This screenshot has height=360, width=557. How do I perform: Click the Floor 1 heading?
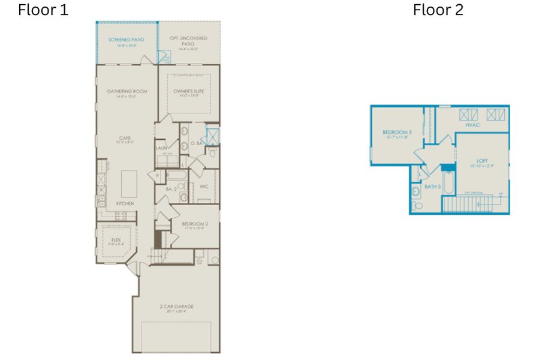43,10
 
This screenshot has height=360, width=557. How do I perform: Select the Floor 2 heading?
438,10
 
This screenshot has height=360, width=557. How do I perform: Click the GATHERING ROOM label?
127,91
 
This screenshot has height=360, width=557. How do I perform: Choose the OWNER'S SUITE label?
188,91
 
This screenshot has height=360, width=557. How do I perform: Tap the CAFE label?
125,138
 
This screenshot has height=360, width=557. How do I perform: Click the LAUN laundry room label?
161,148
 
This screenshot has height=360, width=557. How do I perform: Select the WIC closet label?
204,187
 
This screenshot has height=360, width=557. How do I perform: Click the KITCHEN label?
125,204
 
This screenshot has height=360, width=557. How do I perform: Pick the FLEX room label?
116,240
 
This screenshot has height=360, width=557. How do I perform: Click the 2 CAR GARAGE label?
176,307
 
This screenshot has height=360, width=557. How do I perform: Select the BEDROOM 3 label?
397,132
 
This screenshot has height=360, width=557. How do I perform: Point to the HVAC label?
472,125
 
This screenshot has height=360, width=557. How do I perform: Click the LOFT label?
482,161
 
